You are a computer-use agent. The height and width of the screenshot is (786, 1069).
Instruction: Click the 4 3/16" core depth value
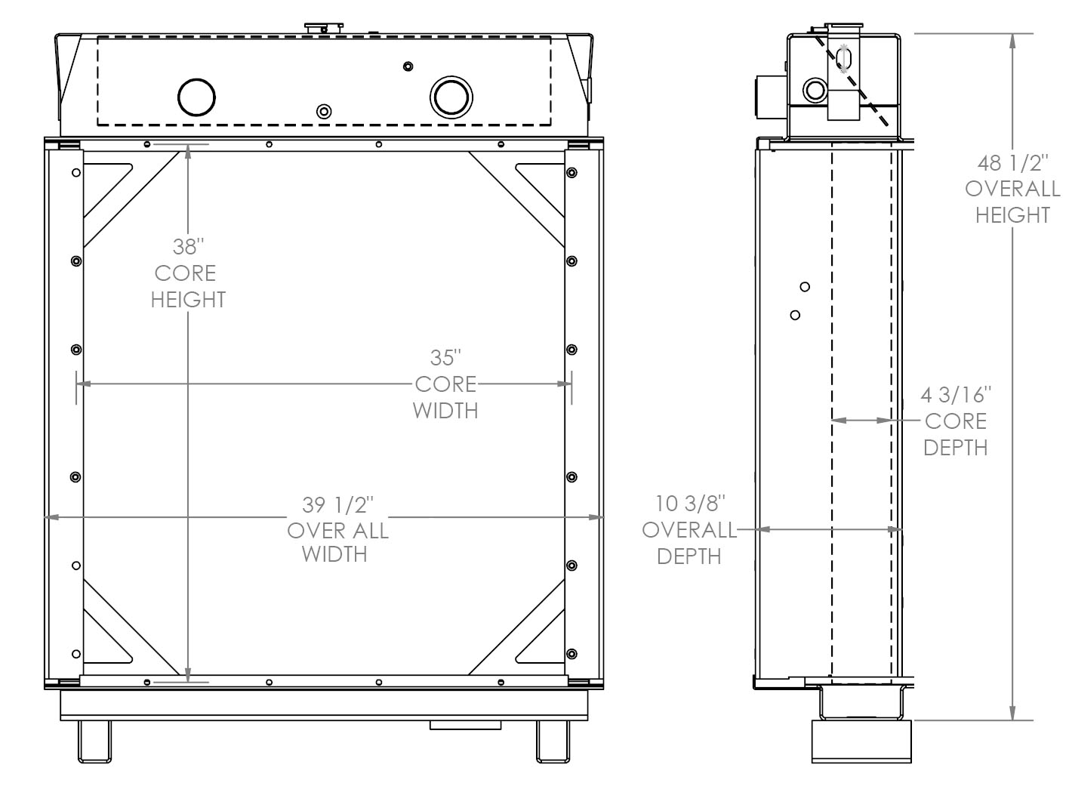[956, 394]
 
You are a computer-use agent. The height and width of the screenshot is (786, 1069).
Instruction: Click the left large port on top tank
[196, 97]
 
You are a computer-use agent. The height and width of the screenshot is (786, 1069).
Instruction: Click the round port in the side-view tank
[815, 91]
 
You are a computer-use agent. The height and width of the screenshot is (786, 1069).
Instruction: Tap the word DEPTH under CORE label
[955, 447]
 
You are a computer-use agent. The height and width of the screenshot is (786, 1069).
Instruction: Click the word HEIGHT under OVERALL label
[1012, 215]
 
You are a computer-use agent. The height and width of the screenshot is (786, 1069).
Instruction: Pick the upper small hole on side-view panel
[805, 287]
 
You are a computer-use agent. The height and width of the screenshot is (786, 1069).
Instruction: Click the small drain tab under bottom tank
[465, 725]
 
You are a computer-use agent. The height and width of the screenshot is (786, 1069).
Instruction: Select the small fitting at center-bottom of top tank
[324, 112]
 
